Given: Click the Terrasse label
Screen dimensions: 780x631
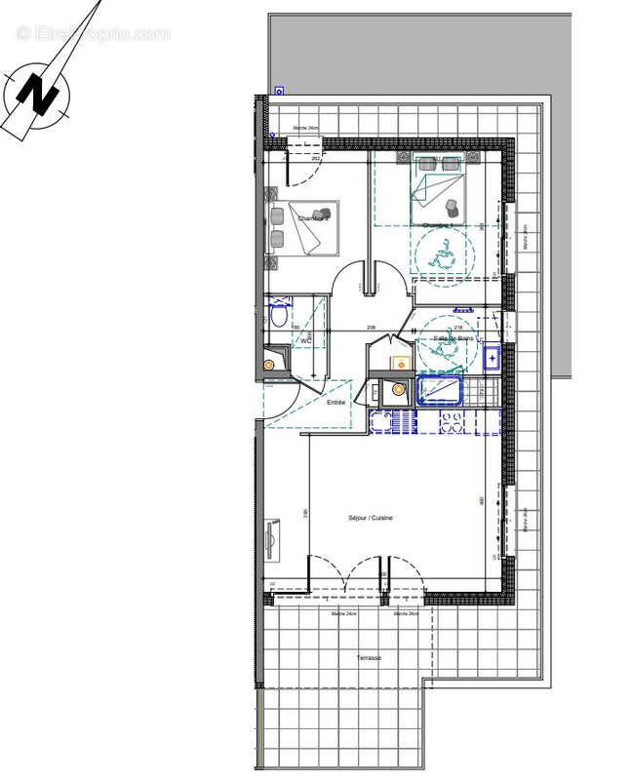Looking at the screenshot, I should (369, 658).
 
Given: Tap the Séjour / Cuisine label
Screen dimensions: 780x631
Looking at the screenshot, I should (371, 518).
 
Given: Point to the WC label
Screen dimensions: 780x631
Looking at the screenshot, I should (305, 341).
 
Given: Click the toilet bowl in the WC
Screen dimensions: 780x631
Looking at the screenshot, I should (279, 316).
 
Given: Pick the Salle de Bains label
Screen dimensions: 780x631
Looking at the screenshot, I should (452, 338).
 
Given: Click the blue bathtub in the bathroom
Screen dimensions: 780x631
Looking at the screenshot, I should (443, 390).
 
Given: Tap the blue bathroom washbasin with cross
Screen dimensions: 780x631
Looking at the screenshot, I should (493, 358).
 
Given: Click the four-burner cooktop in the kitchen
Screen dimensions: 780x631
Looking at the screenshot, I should (453, 425).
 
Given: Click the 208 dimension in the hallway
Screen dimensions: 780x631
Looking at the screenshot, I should (372, 328).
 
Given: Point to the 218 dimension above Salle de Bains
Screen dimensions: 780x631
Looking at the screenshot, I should (458, 313).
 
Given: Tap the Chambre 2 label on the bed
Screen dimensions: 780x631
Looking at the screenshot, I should (313, 217).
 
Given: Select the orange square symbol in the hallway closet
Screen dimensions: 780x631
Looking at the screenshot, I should (397, 364).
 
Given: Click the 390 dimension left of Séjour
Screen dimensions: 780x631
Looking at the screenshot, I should (304, 514).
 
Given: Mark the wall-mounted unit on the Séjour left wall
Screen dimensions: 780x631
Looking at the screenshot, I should (272, 538).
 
